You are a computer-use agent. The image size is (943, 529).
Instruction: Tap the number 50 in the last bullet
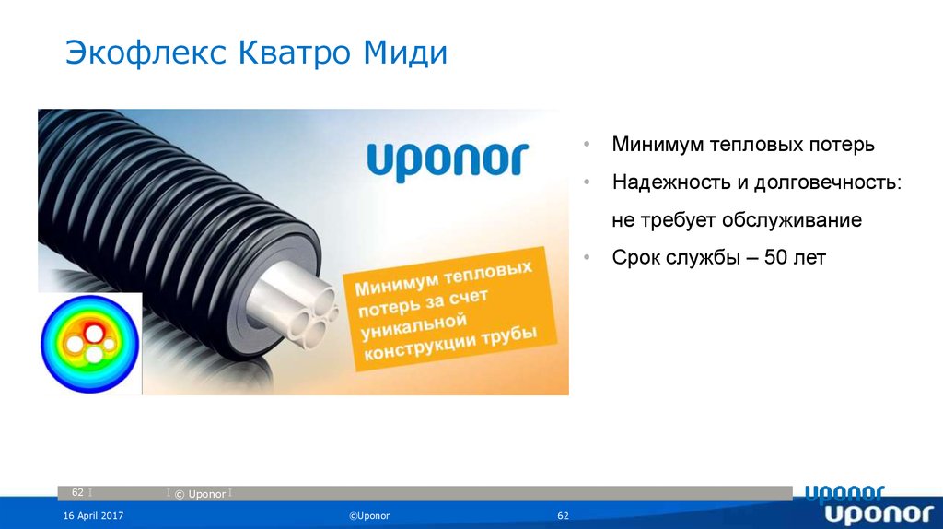775,258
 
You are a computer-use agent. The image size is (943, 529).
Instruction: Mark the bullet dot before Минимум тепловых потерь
587,146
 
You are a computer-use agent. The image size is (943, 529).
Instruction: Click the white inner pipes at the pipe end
297,309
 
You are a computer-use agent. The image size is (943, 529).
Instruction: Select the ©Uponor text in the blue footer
368,515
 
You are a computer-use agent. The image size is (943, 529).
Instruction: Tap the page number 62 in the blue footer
564,515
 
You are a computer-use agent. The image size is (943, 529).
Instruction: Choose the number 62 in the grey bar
77,493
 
